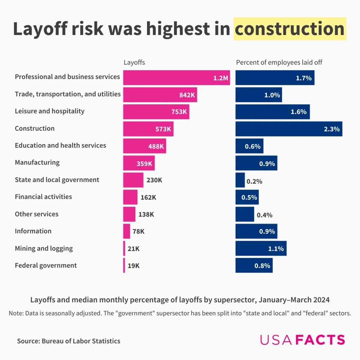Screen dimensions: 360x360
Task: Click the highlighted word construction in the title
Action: [289, 29]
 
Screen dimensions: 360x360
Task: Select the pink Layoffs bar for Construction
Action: [148, 129]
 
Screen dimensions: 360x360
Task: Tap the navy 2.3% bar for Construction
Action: [289, 129]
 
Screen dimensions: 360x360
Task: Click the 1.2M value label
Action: [220, 78]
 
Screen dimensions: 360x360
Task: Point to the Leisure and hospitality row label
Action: [49, 111]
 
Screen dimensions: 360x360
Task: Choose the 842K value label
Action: [187, 95]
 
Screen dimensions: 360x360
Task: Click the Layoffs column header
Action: [134, 62]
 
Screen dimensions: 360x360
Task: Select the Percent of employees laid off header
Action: [279, 62]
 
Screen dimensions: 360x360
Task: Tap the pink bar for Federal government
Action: [124, 265]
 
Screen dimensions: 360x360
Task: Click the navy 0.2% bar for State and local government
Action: [240, 180]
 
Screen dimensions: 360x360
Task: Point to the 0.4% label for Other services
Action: [264, 215]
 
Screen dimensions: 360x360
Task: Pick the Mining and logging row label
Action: [44, 248]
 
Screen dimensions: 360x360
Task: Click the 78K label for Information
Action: [138, 231]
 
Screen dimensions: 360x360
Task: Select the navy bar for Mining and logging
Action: [261, 248]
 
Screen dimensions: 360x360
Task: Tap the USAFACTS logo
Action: [302, 340]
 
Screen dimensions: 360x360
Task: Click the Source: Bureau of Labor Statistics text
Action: [69, 341]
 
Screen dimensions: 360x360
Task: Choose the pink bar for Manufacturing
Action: [139, 163]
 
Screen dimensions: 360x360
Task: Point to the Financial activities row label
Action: [43, 197]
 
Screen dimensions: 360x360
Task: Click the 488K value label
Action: [156, 146]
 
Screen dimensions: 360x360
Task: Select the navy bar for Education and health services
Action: [249, 146]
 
